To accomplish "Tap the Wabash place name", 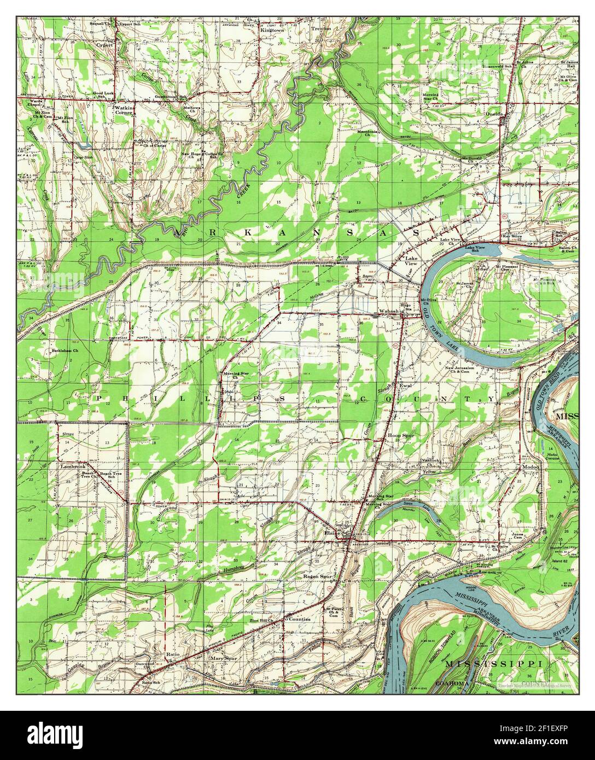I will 389,312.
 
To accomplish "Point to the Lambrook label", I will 73,467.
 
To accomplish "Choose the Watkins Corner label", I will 124,111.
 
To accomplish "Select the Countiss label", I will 299,619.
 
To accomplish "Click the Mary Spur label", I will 224,659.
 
